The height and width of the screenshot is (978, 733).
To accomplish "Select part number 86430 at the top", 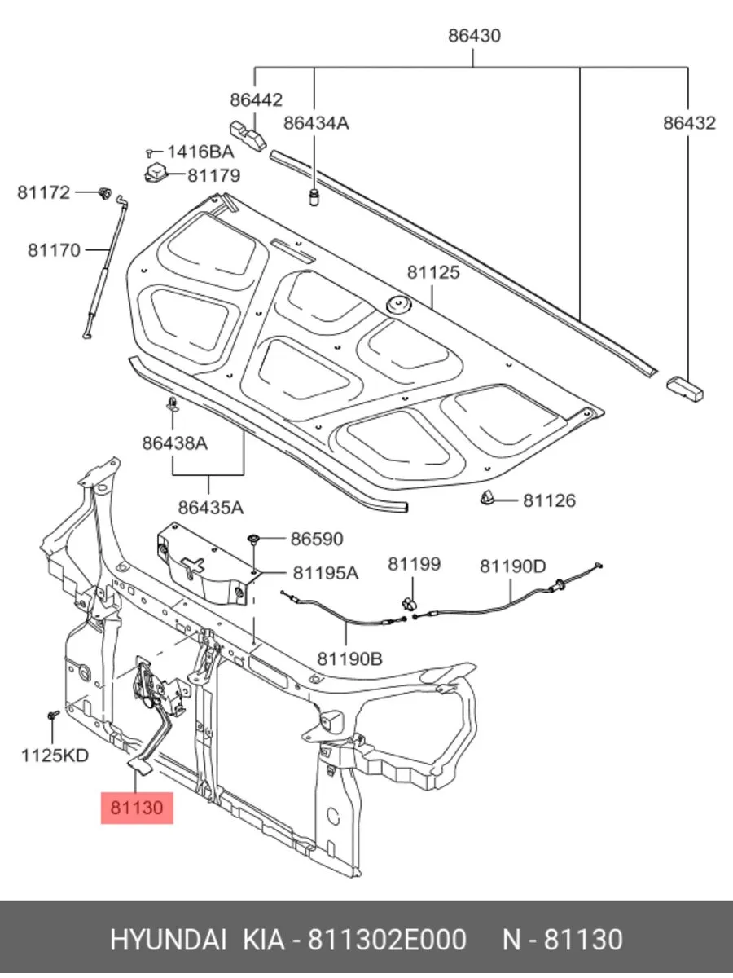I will [x=474, y=36].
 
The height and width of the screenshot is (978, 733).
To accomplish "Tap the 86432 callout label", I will [x=688, y=123].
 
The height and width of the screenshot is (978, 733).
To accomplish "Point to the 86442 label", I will [x=256, y=99].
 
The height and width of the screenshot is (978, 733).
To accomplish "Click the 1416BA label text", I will [x=200, y=152].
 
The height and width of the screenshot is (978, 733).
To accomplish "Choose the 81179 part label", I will [x=213, y=175].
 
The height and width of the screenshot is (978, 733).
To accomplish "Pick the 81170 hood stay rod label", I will [x=55, y=249].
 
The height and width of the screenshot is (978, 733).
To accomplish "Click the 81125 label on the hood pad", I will [x=433, y=272].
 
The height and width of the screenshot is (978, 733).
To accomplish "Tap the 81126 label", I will [x=549, y=500].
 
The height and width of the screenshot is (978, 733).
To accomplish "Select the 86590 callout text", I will [x=317, y=539].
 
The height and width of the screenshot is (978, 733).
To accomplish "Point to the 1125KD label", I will [x=55, y=756].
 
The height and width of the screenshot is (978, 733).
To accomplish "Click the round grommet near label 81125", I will [x=398, y=305].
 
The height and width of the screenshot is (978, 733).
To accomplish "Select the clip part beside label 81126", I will [x=489, y=499].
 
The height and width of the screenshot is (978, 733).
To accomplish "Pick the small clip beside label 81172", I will [x=104, y=193].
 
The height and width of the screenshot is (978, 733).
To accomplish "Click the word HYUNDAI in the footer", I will [x=169, y=939].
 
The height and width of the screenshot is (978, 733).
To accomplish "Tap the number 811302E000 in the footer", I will [x=385, y=939].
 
